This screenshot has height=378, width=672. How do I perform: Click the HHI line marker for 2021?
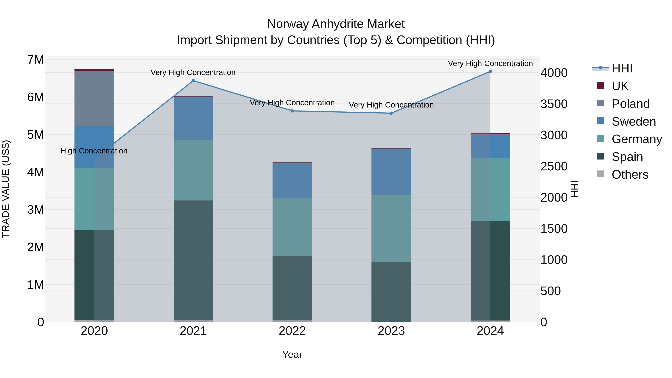(193, 81)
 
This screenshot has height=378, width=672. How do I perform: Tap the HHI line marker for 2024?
(490, 71)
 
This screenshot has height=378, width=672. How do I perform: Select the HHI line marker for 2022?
(292, 111)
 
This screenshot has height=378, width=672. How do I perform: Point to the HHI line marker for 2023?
(391, 113)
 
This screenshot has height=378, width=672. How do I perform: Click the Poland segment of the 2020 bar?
(94, 99)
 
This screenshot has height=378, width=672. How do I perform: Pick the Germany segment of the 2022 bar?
(292, 227)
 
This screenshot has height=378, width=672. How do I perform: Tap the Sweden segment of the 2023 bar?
(391, 172)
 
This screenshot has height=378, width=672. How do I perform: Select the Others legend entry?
(630, 175)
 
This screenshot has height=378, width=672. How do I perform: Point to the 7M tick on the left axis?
(35, 60)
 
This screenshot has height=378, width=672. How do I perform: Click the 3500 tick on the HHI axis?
(554, 104)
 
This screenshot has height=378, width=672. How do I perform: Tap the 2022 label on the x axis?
(292, 331)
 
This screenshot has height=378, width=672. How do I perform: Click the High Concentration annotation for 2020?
(94, 151)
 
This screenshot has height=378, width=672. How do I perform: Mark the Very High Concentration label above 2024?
(490, 63)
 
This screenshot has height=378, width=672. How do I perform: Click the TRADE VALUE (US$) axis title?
(6, 189)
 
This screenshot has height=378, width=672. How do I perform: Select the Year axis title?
(292, 354)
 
